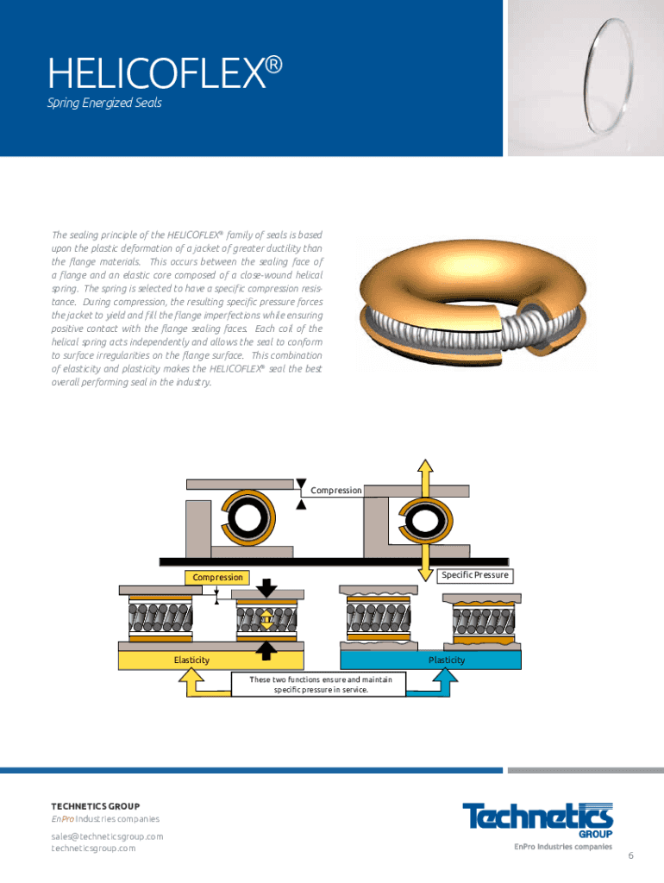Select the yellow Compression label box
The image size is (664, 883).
[216, 577]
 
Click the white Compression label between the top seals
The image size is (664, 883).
[335, 491]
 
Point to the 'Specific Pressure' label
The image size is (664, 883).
[474, 574]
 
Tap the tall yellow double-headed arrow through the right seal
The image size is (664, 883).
[425, 519]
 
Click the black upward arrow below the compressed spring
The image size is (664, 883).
[266, 647]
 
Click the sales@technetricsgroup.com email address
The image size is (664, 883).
[107, 836]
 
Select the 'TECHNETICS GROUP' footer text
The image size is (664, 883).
[95, 806]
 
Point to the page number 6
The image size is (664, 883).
[631, 855]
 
